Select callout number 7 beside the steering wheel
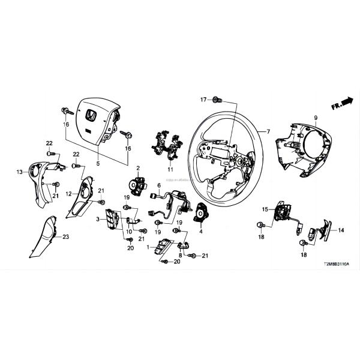coord(268,131)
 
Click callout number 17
coord(203,99)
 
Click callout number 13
coord(19,172)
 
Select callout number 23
coord(66,237)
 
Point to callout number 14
coord(340,230)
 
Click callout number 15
coord(264,209)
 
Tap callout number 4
coord(200,230)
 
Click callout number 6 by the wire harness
coord(160,185)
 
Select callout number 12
coord(68,194)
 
